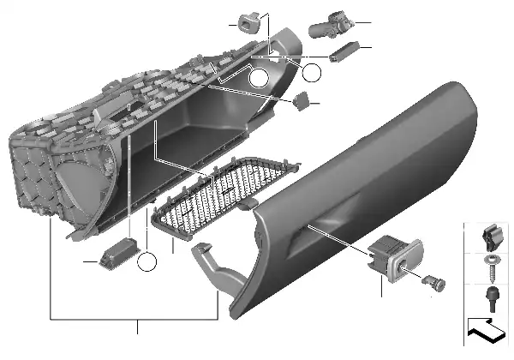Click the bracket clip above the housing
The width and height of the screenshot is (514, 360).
[248, 22]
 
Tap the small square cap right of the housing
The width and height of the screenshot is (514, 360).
[302, 101]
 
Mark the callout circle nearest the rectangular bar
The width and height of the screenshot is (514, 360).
[311, 73]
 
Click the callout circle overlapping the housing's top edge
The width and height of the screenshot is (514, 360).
[260, 81]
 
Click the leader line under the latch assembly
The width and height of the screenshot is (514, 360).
[380, 287]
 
